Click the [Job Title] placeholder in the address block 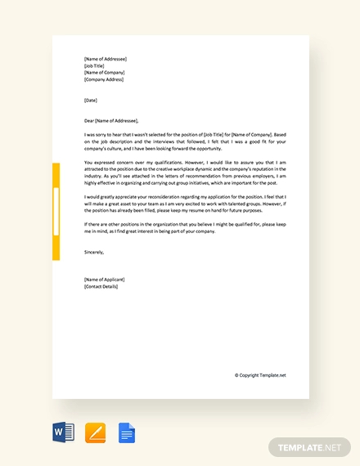coord(94,65)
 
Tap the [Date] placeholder coord(90,100)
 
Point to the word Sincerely coord(95,253)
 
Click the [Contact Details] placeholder coord(101,287)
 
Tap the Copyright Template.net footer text coord(260,375)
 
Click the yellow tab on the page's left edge coord(56,212)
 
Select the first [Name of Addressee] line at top coord(105,59)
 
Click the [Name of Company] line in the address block coord(105,72)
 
